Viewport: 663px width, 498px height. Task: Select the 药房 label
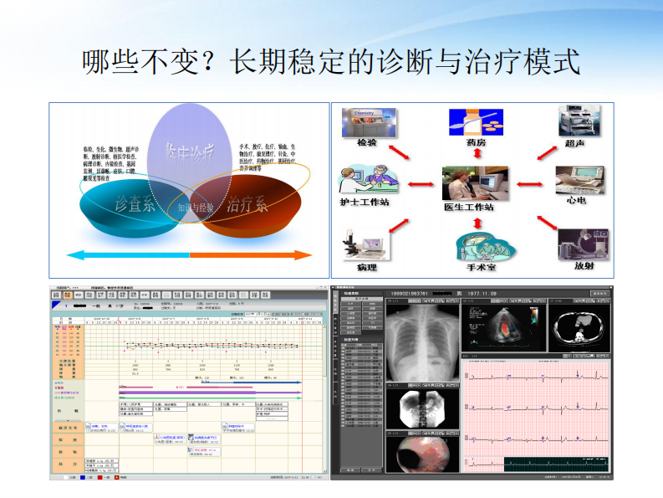click(x=475, y=143)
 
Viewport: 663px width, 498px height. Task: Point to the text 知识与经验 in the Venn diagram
click(x=195, y=207)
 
